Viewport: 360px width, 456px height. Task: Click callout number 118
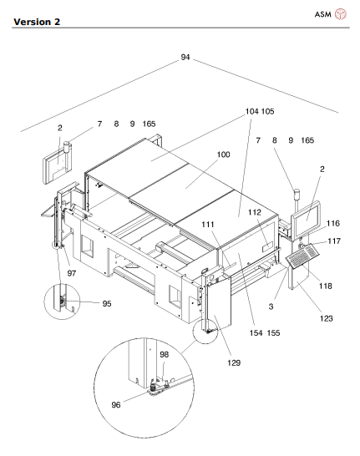pos(324,286)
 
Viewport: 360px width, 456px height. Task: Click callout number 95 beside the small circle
pos(84,303)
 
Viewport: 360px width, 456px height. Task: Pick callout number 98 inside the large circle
pos(164,355)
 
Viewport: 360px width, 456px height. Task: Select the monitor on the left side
pos(52,160)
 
